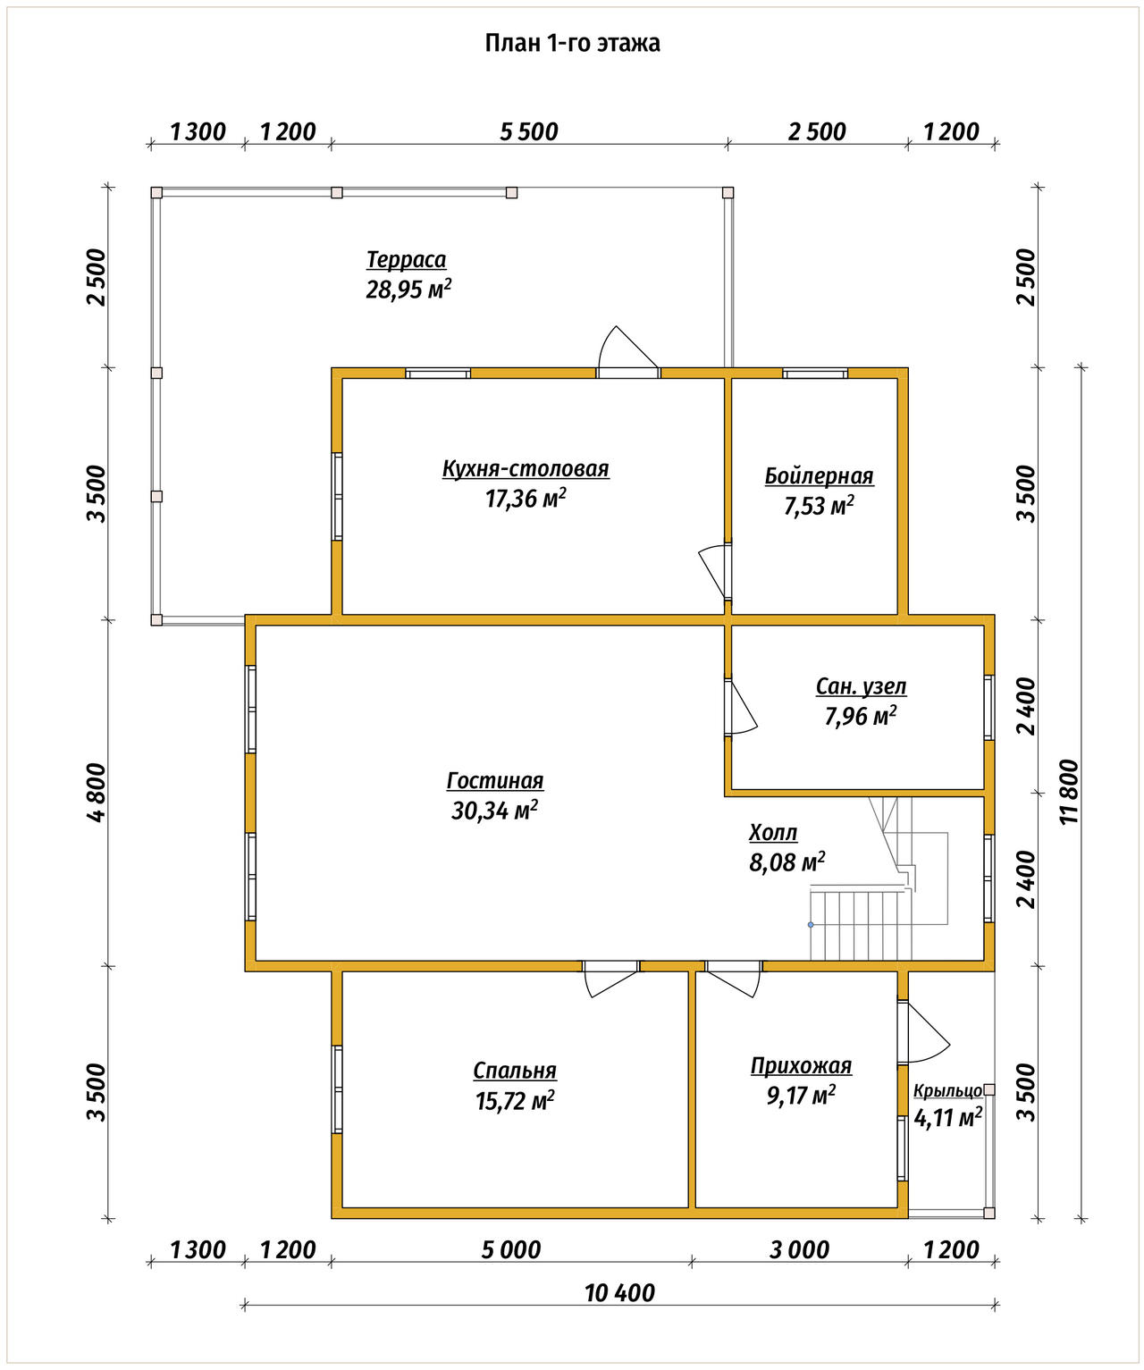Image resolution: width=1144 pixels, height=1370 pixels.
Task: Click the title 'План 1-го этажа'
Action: (572, 43)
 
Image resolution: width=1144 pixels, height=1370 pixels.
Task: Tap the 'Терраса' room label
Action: (407, 260)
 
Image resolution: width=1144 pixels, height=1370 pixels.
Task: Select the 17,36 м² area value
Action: (526, 499)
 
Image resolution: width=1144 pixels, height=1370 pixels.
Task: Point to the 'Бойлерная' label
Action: (819, 476)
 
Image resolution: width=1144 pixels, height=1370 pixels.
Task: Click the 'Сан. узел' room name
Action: (861, 686)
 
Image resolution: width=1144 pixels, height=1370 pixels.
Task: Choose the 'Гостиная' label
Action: (495, 781)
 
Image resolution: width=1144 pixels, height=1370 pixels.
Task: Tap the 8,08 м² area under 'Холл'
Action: (787, 862)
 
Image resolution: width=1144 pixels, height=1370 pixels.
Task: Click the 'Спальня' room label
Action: (515, 1071)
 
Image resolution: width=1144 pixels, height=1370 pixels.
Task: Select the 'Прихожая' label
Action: (802, 1066)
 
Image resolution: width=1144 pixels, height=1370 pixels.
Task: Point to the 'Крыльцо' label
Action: (947, 1091)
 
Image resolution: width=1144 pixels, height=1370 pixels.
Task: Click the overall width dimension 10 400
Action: (619, 1293)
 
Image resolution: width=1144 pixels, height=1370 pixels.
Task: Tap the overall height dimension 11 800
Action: (1069, 792)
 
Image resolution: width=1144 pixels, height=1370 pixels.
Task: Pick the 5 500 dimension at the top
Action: (529, 132)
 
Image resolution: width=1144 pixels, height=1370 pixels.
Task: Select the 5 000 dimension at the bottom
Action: (511, 1250)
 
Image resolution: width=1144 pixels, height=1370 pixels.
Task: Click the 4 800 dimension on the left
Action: (97, 793)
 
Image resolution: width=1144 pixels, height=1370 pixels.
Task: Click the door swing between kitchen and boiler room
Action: (715, 571)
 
